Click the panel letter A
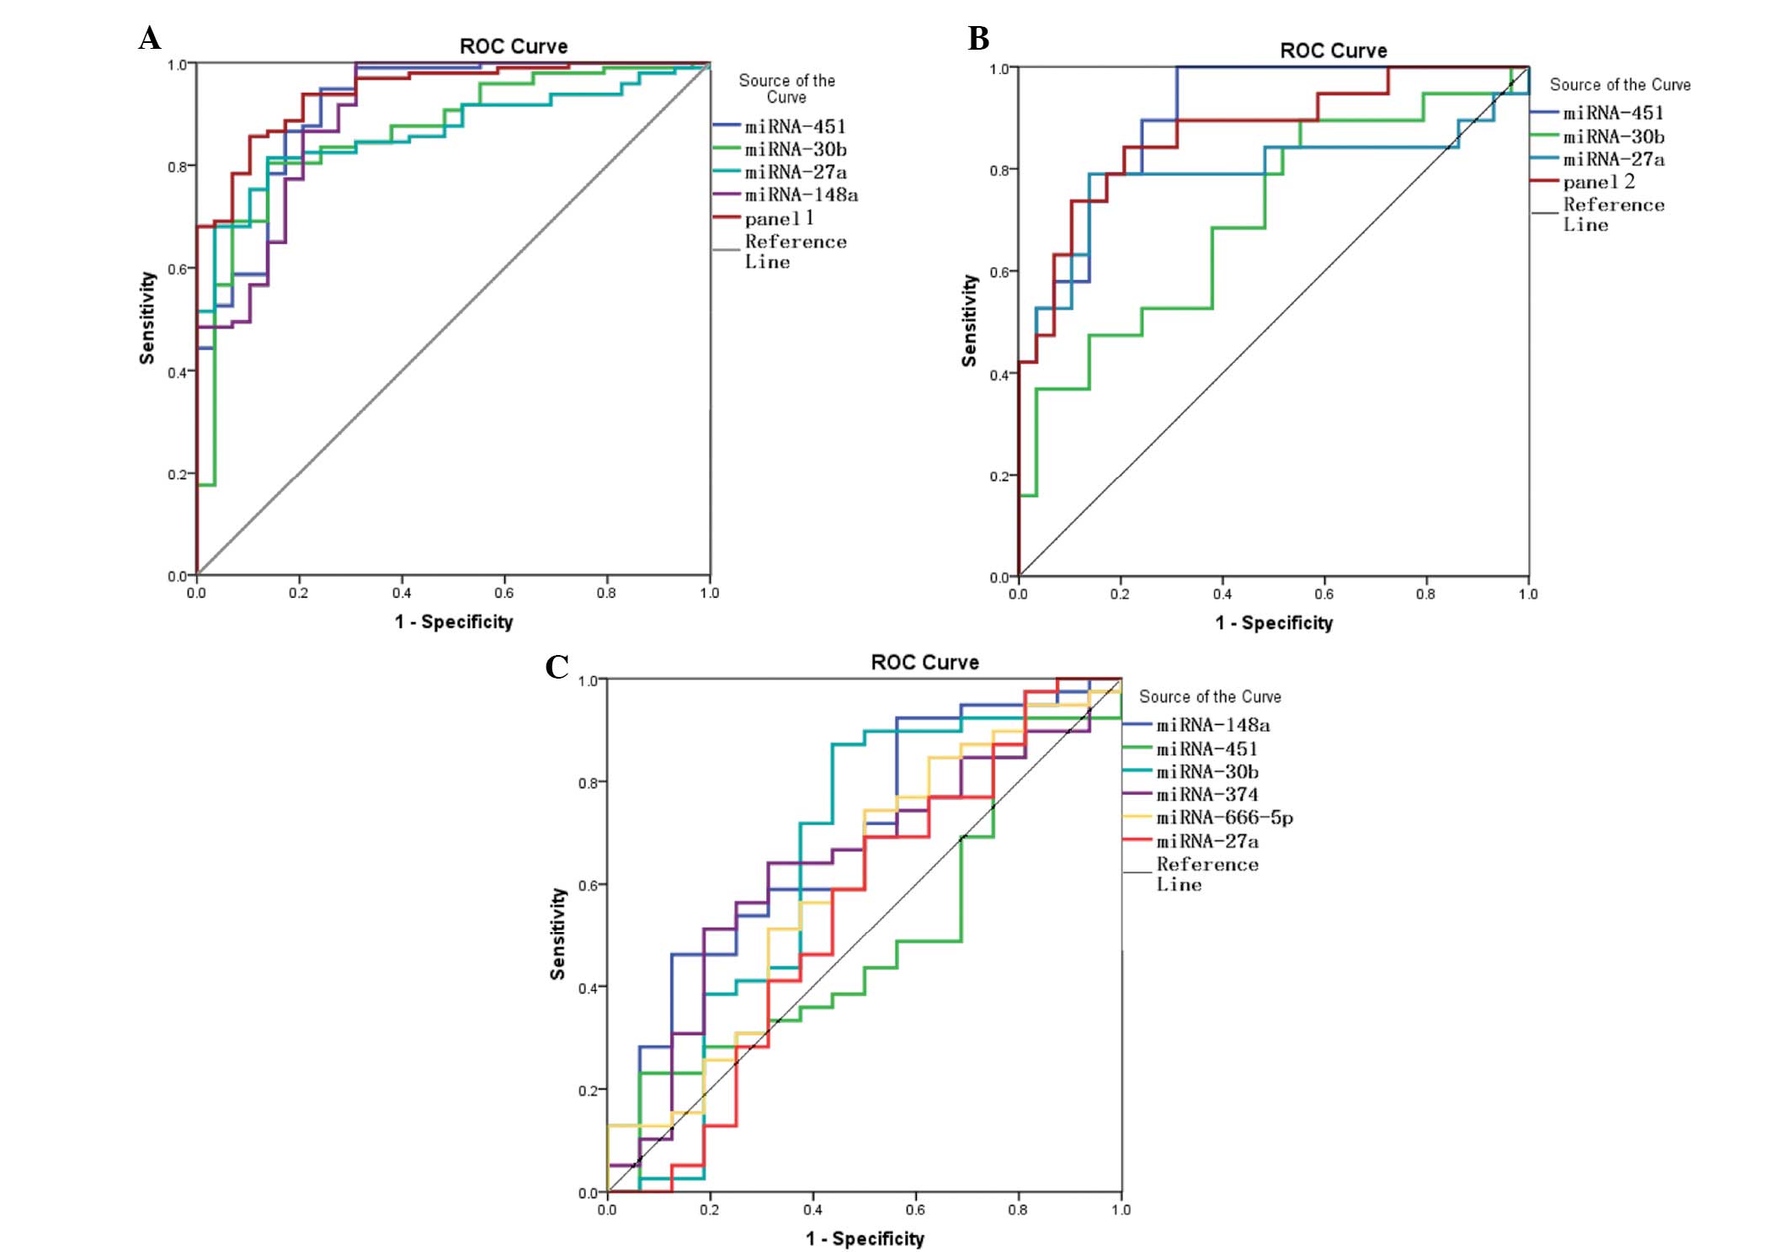pyautogui.click(x=150, y=39)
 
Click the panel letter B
pyautogui.click(x=978, y=39)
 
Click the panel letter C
pyautogui.click(x=557, y=667)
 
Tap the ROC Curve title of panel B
pyautogui.click(x=1333, y=51)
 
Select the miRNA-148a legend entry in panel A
pyautogui.click(x=801, y=195)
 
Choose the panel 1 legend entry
pyautogui.click(x=779, y=219)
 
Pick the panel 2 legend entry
pyautogui.click(x=1598, y=182)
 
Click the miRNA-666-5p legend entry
pyautogui.click(x=1224, y=818)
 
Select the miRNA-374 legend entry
pyautogui.click(x=1207, y=795)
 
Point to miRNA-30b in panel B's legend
pyautogui.click(x=1613, y=136)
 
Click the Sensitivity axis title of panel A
pyautogui.click(x=147, y=317)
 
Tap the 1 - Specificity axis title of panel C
pyautogui.click(x=865, y=1239)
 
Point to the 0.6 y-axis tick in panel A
pyautogui.click(x=177, y=269)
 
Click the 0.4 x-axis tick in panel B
pyautogui.click(x=1223, y=594)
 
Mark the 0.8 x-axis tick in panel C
pyautogui.click(x=1018, y=1210)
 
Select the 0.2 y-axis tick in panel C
pyautogui.click(x=588, y=1091)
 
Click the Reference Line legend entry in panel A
pyautogui.click(x=795, y=251)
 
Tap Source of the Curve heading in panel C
pyautogui.click(x=1210, y=697)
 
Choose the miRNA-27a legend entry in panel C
pyautogui.click(x=1207, y=841)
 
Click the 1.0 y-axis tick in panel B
pyautogui.click(x=999, y=68)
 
